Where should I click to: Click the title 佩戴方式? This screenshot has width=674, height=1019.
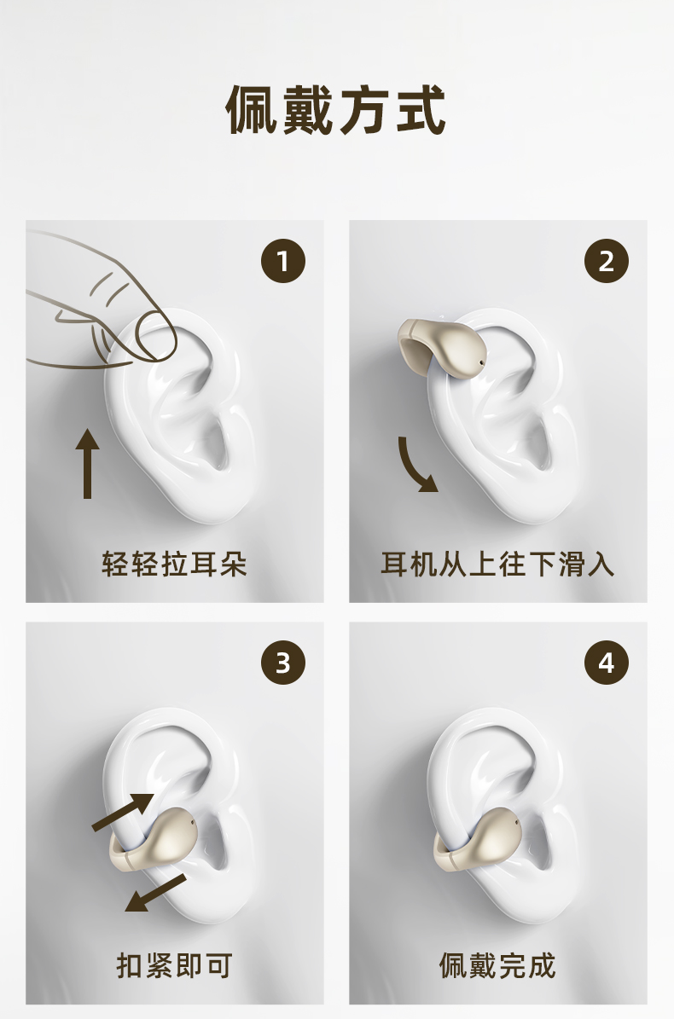(x=336, y=110)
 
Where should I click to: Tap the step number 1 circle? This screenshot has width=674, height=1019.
(x=282, y=261)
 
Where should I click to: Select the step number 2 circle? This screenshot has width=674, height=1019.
(x=607, y=261)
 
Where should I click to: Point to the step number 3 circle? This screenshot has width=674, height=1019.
(x=282, y=663)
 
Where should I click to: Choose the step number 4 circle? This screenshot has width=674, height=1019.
(x=607, y=663)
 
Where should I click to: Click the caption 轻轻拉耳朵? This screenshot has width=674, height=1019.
(x=174, y=564)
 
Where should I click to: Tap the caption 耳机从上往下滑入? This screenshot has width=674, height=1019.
(x=497, y=564)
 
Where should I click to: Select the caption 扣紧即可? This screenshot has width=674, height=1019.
(x=174, y=966)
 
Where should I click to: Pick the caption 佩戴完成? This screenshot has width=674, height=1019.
(x=497, y=966)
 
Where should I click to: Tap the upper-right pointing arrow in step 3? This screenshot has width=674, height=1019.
(x=124, y=813)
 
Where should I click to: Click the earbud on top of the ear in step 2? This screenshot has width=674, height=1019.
(x=441, y=348)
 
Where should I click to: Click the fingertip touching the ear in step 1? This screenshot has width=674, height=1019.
(x=156, y=335)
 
